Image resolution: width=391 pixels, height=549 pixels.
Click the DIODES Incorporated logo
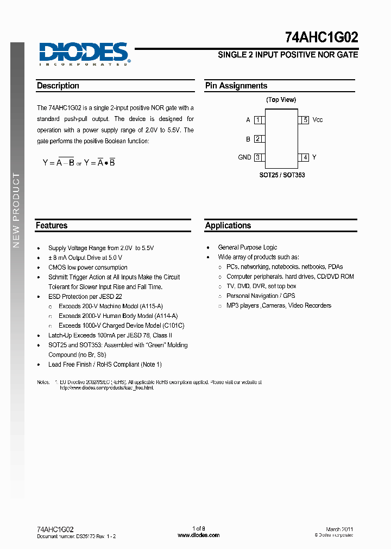click(x=83, y=54)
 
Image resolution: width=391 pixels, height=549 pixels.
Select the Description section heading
click(x=58, y=86)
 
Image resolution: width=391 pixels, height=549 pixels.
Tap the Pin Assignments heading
click(x=236, y=86)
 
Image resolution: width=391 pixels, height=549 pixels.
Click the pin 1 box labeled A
click(x=258, y=120)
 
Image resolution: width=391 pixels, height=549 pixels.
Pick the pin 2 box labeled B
click(x=258, y=139)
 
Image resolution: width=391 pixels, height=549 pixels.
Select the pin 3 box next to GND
click(x=258, y=157)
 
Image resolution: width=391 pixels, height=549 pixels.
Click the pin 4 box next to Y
click(x=305, y=157)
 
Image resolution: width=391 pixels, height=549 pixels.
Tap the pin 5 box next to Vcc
click(x=305, y=120)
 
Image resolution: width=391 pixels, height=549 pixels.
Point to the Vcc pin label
click(x=318, y=120)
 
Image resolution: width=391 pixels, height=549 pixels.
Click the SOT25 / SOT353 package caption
click(x=282, y=175)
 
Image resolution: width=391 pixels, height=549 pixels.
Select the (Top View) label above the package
click(x=281, y=100)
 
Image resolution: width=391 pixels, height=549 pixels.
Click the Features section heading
click(x=52, y=225)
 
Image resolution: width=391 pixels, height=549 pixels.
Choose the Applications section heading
click(x=228, y=225)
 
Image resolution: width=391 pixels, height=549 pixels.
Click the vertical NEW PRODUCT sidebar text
click(x=16, y=210)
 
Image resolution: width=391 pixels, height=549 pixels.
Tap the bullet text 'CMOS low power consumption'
click(x=88, y=267)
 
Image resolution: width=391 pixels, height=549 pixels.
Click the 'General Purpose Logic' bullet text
click(x=248, y=247)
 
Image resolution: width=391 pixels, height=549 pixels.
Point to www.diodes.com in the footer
click(x=199, y=535)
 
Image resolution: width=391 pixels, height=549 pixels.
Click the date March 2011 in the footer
click(x=339, y=529)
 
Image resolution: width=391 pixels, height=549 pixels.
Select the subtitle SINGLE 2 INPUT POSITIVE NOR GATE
click(x=288, y=55)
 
